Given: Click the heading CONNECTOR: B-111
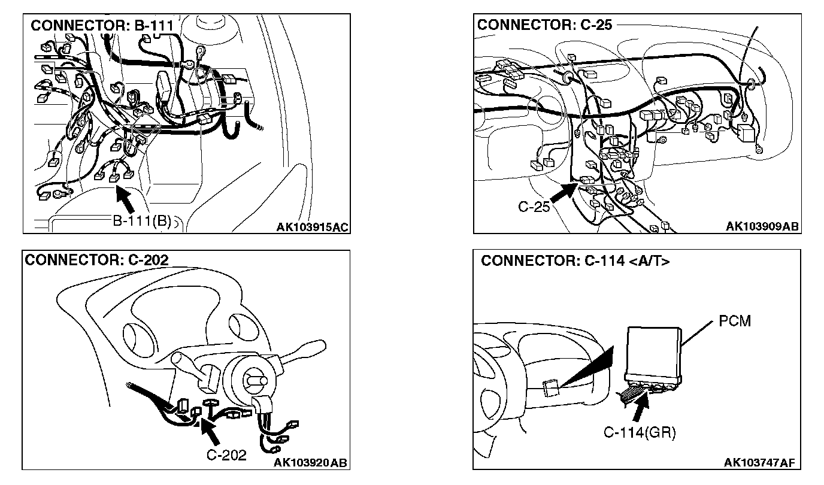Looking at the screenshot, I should [102, 26].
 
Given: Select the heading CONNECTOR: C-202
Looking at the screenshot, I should [96, 259].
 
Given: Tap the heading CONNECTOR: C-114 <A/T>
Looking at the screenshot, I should [575, 261].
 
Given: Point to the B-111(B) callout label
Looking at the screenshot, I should [142, 221].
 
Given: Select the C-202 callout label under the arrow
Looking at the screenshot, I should [226, 454].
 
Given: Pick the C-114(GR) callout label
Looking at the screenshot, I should [640, 432].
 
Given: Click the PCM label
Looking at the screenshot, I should [735, 321].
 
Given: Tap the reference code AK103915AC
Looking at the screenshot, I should [313, 227].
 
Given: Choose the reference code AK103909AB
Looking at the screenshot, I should [762, 226].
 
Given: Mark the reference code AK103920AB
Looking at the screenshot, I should [310, 462].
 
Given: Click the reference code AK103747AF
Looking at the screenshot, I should [759, 462].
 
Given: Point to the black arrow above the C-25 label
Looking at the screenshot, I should [565, 192].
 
